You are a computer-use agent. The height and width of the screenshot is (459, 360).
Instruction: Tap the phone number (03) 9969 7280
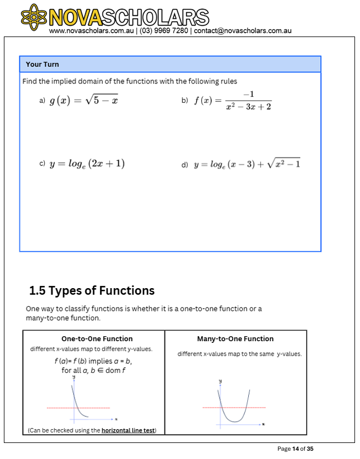click(x=164, y=31)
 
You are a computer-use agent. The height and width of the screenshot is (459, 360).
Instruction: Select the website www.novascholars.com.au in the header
click(x=91, y=31)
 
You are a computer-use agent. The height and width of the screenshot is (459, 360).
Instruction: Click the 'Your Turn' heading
click(x=43, y=64)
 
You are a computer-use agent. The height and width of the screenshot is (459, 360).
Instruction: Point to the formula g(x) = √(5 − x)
click(x=84, y=101)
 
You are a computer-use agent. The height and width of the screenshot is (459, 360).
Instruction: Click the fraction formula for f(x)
click(x=233, y=101)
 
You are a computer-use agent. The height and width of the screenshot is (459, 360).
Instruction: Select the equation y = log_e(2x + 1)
click(x=87, y=164)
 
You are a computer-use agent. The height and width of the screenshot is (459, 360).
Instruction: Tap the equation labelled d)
click(x=247, y=164)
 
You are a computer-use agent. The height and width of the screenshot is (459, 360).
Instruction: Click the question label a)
click(x=42, y=101)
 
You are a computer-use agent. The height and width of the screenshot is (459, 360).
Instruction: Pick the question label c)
click(x=42, y=164)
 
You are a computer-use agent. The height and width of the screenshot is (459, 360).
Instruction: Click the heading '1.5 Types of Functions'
click(x=92, y=290)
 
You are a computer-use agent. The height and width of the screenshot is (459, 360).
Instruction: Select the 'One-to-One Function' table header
click(x=97, y=339)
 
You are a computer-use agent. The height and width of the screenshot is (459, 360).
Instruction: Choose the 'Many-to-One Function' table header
click(x=235, y=339)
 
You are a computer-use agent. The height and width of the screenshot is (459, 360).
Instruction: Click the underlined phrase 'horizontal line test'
click(x=128, y=430)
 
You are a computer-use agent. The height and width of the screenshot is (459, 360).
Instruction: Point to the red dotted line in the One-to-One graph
click(x=58, y=408)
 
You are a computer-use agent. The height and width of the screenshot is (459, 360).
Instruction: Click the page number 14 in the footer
click(x=296, y=448)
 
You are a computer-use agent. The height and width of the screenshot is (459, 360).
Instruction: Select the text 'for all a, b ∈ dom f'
click(x=92, y=371)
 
